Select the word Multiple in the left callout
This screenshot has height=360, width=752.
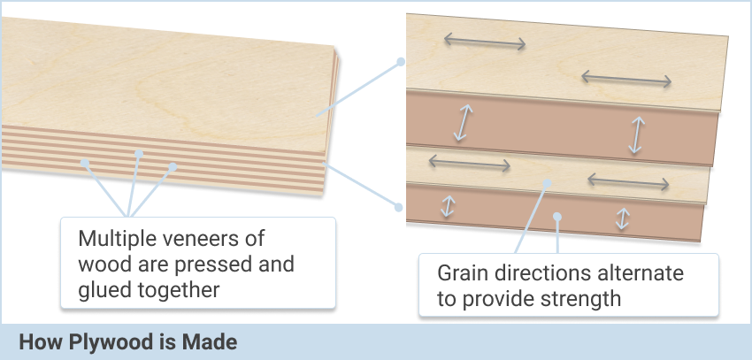(111, 239)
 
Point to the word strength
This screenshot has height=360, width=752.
(580, 299)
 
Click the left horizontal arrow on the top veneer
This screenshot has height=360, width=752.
(485, 42)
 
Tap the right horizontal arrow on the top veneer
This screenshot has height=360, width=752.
(626, 79)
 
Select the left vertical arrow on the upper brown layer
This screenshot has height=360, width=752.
(464, 123)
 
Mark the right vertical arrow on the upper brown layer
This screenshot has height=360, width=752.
(637, 135)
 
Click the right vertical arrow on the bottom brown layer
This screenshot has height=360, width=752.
(623, 218)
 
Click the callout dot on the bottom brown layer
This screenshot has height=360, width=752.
(557, 217)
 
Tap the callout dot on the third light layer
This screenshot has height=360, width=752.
(547, 182)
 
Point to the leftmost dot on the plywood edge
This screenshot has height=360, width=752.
(85, 163)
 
